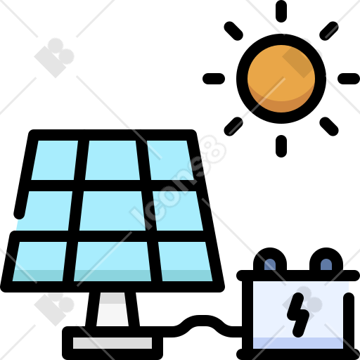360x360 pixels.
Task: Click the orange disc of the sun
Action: pyautogui.click(x=281, y=79)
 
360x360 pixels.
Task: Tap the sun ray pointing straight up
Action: pyautogui.click(x=281, y=11)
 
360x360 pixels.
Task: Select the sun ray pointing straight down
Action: pyautogui.click(x=281, y=146)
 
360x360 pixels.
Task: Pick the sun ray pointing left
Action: pyautogui.click(x=214, y=79)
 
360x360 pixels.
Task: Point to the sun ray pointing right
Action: pyautogui.click(x=349, y=79)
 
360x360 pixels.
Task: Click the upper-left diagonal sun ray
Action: pyautogui.click(x=233, y=31)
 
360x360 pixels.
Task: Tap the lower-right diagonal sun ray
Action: pyautogui.click(x=329, y=127)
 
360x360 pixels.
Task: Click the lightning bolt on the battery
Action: pyautogui.click(x=298, y=315)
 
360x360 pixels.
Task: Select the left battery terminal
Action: pyautogui.click(x=270, y=259)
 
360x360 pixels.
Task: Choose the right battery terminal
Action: pyautogui.click(x=326, y=259)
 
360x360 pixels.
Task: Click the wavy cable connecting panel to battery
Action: pyautogui.click(x=202, y=326)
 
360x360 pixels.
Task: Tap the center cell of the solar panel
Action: pyautogui.click(x=112, y=211)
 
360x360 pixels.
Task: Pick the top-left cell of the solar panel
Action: pyautogui.click(x=54, y=160)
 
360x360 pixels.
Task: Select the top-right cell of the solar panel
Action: pyautogui.click(x=170, y=160)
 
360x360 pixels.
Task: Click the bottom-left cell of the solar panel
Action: pyautogui.click(x=39, y=262)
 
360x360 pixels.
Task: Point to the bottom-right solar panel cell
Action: pyautogui.click(x=186, y=262)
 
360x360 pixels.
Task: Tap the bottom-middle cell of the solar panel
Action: pyautogui.click(x=112, y=262)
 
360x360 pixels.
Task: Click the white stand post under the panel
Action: pyautogui.click(x=112, y=309)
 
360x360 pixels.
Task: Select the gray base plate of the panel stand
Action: pyautogui.click(x=112, y=343)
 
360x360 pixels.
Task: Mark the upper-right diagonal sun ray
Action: pyautogui.click(x=329, y=31)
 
